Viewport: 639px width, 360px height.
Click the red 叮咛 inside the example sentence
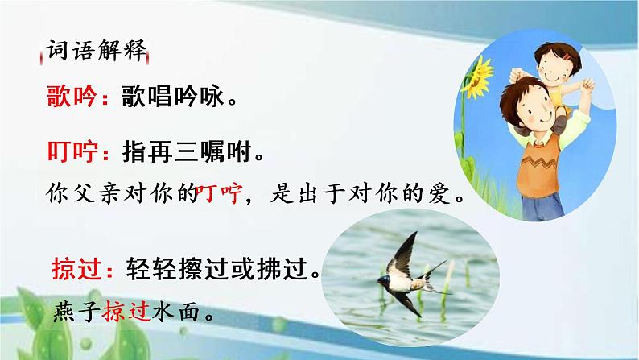[x=218, y=195]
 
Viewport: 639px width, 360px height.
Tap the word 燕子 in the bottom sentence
[x=80, y=311]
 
